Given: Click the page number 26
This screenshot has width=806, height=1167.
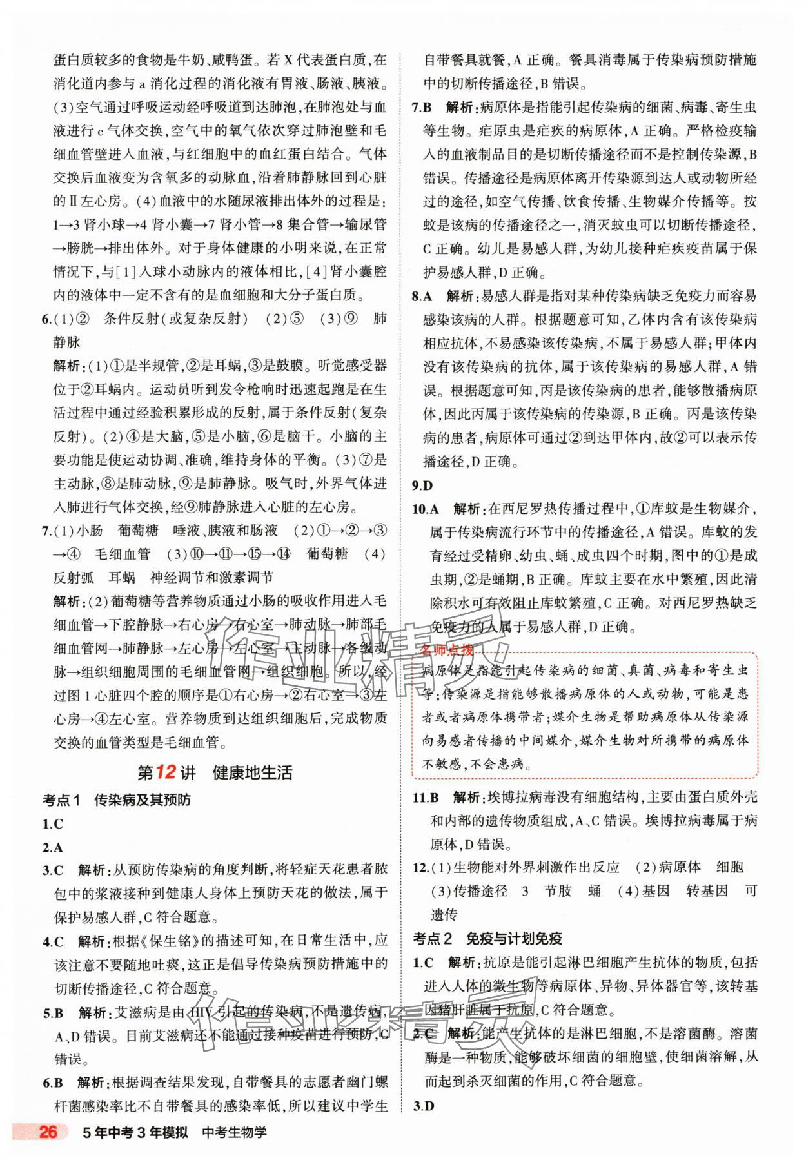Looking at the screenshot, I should click(48, 1150).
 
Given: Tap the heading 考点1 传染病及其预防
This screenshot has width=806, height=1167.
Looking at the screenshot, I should click(116, 800).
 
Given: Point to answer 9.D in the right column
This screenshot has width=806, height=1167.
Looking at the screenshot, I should click(422, 485).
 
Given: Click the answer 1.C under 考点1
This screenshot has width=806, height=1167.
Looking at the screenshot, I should click(52, 824).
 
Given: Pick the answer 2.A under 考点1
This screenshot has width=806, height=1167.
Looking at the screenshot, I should click(52, 848).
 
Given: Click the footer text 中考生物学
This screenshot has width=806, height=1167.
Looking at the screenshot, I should click(234, 1150).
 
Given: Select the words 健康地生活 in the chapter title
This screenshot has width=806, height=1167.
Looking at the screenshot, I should click(252, 772).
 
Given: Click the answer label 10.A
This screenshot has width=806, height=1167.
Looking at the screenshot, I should click(426, 509).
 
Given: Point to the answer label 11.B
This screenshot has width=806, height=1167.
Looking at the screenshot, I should click(426, 798).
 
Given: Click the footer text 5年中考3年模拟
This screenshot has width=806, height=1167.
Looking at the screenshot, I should click(134, 1150).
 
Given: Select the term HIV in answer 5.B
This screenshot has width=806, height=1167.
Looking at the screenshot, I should click(201, 1012).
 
